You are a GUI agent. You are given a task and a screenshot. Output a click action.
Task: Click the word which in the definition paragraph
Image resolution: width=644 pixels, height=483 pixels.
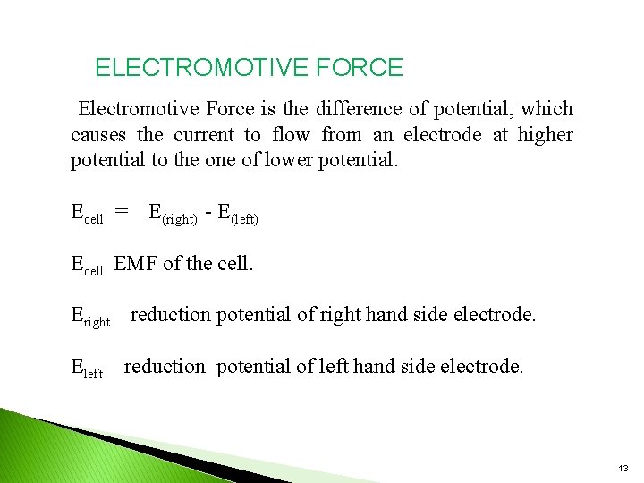(x=547, y=109)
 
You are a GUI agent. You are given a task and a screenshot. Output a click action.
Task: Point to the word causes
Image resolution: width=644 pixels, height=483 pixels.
(x=98, y=136)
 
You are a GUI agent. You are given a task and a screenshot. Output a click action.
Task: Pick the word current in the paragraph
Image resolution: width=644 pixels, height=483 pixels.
(x=203, y=136)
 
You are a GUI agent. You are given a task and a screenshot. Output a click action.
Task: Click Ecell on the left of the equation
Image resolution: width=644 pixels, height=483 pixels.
(x=87, y=214)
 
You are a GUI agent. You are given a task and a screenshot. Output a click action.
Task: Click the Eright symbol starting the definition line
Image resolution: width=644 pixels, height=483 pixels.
(x=89, y=317)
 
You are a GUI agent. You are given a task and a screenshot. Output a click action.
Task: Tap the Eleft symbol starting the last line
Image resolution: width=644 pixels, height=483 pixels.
(x=87, y=368)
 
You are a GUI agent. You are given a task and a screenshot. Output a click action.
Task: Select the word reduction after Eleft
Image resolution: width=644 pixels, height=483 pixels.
(x=165, y=367)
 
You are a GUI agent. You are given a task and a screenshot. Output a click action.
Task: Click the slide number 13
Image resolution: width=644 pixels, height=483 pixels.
(x=623, y=469)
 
